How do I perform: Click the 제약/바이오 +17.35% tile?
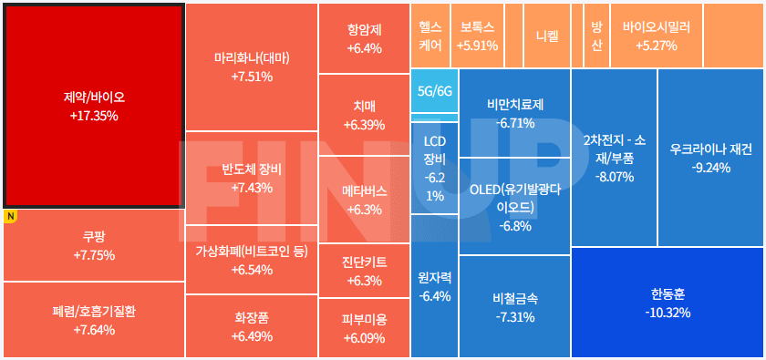[93, 105]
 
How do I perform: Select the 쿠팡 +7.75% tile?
[93, 246]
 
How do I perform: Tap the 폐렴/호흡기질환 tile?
[93, 320]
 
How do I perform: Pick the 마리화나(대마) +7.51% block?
[252, 67]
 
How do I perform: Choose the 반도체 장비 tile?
[252, 178]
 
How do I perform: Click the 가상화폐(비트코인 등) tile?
[252, 260]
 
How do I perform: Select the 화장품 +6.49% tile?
[252, 325]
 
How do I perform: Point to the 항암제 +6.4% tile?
[364, 38]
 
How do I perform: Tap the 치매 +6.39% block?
[364, 115]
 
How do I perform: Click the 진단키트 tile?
[364, 270]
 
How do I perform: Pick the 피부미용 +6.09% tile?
[364, 328]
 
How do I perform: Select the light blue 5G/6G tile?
[434, 91]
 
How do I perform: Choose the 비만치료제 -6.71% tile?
[514, 113]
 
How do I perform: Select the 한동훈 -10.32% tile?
[668, 303]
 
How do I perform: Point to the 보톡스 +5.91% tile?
[478, 36]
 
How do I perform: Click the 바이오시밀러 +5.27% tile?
[656, 36]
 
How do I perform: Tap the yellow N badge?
[11, 217]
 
